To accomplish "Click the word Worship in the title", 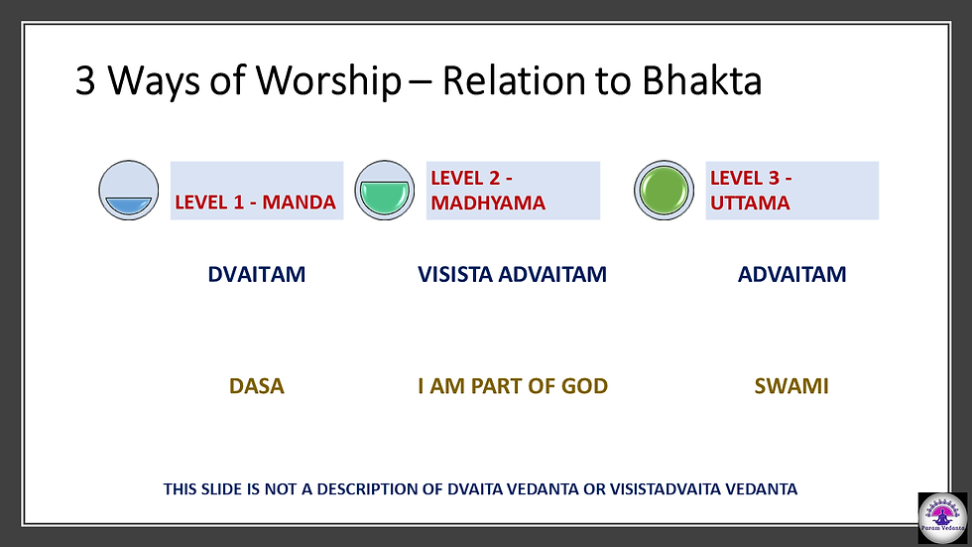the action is (328, 80).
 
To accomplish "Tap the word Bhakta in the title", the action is (702, 80).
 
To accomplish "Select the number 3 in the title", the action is (85, 80).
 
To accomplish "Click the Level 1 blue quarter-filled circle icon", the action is (128, 191).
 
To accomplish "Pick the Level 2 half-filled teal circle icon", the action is (385, 191).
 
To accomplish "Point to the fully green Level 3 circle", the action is (664, 191).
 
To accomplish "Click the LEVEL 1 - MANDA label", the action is (256, 203).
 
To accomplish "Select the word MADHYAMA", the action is (488, 203).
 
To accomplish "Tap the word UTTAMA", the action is (750, 203).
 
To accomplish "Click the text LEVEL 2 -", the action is (472, 178).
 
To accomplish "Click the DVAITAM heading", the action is (257, 274).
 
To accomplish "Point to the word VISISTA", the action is (455, 274).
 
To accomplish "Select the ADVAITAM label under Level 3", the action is (791, 274).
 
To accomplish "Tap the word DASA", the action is (257, 386).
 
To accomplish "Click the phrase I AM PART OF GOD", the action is (513, 386).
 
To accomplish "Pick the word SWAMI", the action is (791, 386).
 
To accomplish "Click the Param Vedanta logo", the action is (942, 518).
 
